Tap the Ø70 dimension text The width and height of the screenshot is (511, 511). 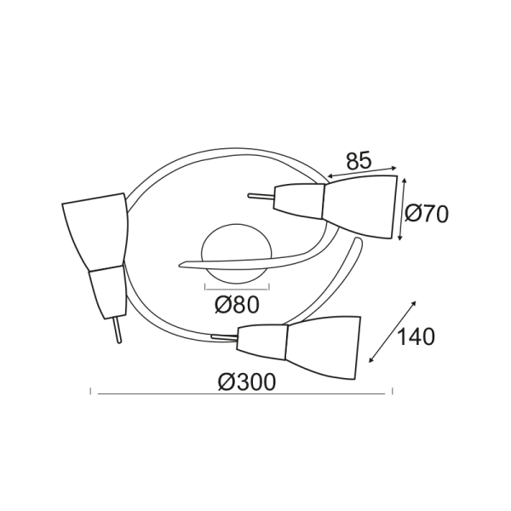point(426,215)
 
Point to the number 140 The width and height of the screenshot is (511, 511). point(416,336)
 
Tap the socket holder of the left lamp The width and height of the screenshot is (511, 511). point(106,290)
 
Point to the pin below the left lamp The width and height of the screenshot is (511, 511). point(118,330)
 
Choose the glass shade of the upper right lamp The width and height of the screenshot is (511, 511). point(362,207)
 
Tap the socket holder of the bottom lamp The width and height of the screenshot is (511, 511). point(263,342)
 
